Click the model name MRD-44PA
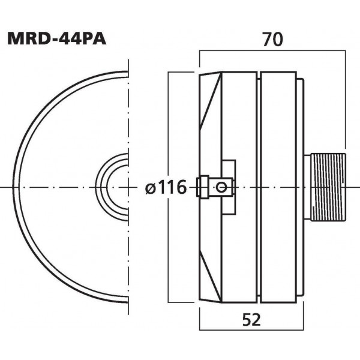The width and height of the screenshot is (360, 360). coord(58,38)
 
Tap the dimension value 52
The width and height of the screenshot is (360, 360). coord(252,320)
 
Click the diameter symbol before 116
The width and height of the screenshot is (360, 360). coord(152,188)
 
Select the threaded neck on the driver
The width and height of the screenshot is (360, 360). coord(325,187)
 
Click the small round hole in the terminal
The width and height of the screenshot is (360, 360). coord(223,187)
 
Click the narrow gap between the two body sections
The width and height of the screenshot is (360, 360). coord(258,187)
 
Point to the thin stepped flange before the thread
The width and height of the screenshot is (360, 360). coord(300,187)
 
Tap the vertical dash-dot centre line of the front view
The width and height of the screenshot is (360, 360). coord(128,120)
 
